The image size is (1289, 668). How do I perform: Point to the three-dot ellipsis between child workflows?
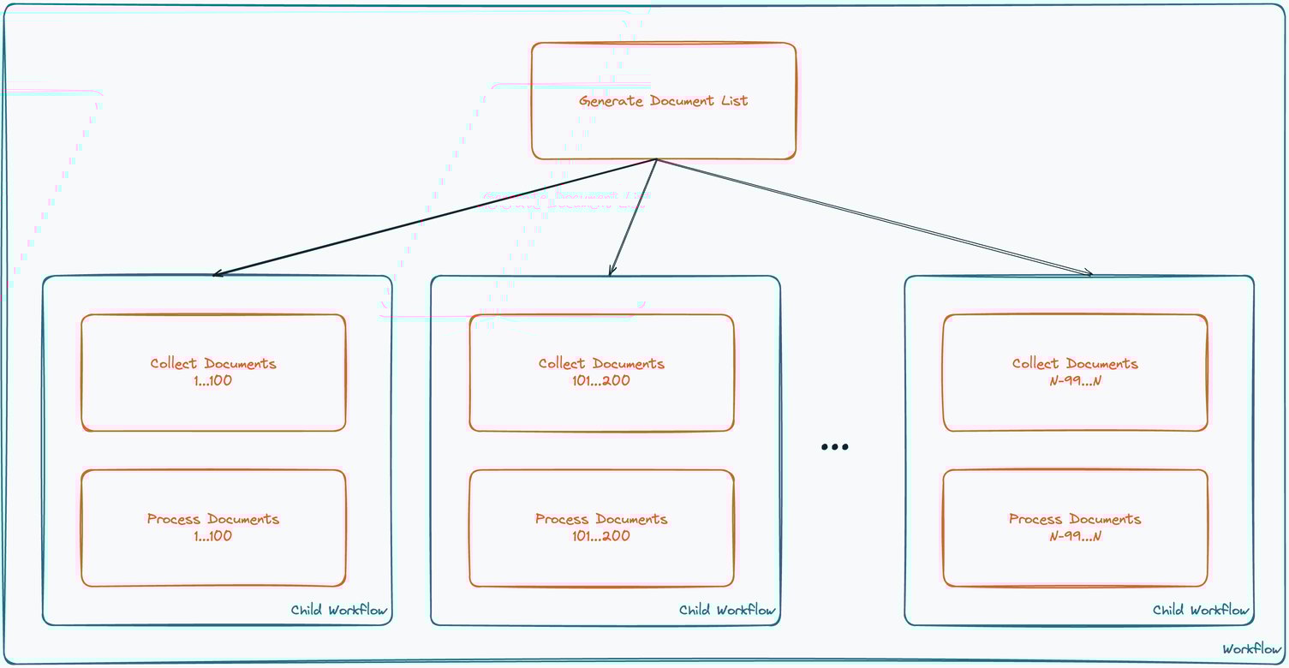click(x=834, y=447)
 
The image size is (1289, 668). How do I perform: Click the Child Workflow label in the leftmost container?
click(x=339, y=611)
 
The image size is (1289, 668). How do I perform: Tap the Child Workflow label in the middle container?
click(x=727, y=611)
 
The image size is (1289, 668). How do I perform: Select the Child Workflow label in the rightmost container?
click(x=1201, y=611)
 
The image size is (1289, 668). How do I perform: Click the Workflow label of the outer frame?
click(x=1251, y=649)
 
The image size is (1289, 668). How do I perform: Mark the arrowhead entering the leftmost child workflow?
click(x=216, y=274)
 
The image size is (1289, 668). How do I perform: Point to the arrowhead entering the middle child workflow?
click(x=611, y=272)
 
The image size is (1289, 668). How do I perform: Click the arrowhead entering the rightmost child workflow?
click(x=1089, y=273)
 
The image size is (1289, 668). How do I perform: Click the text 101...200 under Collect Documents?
click(x=601, y=381)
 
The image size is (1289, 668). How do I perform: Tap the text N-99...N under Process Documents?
click(x=1075, y=537)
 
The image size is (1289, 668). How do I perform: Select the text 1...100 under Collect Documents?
click(x=213, y=381)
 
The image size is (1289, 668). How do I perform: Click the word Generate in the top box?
click(x=611, y=101)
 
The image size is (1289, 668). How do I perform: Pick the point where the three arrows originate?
click(x=656, y=160)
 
